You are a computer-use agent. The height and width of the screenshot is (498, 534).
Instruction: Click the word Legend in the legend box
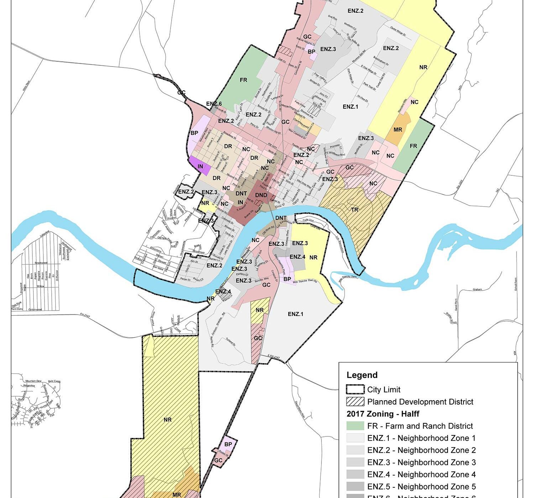point(362,375)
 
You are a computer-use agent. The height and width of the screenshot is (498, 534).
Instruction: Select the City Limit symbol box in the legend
point(355,390)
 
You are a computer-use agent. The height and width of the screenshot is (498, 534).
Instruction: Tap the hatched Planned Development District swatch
point(355,402)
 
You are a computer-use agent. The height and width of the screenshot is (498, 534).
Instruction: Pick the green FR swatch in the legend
point(355,426)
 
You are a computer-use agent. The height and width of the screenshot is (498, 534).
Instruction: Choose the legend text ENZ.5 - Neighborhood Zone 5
point(421,486)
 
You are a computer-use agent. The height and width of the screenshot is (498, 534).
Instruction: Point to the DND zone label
point(261,195)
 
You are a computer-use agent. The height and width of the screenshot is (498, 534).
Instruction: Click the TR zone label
point(355,210)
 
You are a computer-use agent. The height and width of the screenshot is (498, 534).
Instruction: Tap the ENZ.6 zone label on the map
point(214,104)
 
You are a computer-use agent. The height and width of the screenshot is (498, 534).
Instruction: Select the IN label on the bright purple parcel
point(200,166)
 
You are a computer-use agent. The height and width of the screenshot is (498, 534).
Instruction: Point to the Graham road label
point(477,289)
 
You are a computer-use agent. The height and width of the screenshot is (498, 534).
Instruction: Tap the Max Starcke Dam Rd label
point(305,282)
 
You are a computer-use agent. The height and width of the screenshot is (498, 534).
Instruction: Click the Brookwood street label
point(41,263)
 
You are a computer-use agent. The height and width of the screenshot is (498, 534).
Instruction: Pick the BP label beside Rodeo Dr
point(228,444)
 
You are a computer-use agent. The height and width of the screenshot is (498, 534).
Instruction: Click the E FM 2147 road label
point(274,357)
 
